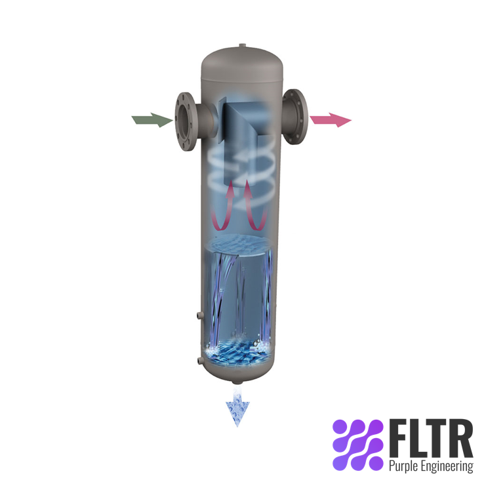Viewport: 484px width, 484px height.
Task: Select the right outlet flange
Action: (296, 119)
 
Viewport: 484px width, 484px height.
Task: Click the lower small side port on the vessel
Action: (198, 360)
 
